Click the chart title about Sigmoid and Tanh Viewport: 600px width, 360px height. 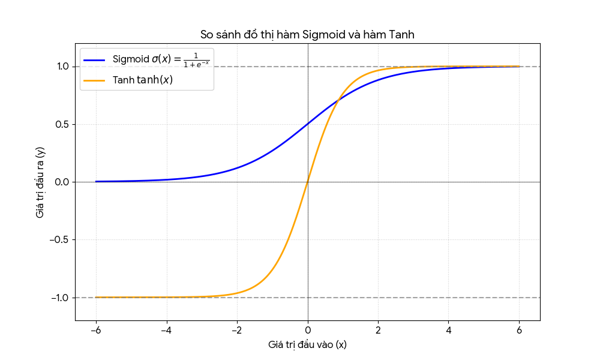(307, 35)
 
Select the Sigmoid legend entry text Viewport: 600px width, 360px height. (161, 59)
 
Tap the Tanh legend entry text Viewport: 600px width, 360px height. (143, 80)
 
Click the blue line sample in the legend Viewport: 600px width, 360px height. (94, 59)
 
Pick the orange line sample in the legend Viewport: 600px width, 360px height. (94, 80)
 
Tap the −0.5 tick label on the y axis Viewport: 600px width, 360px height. (61, 240)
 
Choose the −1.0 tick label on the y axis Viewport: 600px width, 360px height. (61, 298)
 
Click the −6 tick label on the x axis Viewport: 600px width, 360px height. (95, 330)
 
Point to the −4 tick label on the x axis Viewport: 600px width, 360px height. (166, 330)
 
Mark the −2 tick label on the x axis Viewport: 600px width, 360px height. (237, 330)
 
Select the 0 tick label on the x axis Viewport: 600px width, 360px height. (308, 330)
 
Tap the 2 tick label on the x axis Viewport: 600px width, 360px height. (378, 330)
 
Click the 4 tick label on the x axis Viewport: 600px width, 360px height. (449, 330)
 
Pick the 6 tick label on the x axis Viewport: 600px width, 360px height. (520, 330)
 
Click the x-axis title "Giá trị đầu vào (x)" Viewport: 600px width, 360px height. (307, 345)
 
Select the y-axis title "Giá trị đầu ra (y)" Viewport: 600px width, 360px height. (40, 182)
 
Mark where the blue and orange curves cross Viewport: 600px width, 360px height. (338, 101)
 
